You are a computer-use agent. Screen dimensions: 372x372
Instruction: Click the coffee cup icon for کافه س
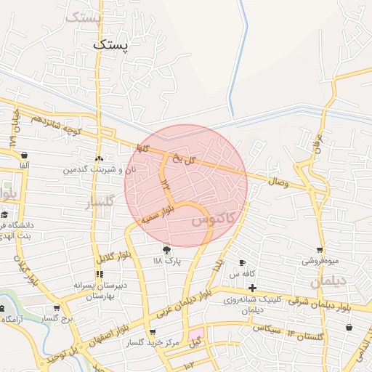tap(243, 263)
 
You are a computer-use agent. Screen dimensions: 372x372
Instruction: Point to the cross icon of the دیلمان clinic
tap(252, 288)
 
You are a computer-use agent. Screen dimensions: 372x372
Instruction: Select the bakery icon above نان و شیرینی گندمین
tap(99, 158)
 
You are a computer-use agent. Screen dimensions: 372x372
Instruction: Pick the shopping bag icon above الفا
tap(25, 154)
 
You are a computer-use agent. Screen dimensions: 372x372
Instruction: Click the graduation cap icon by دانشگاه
tap(4, 215)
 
